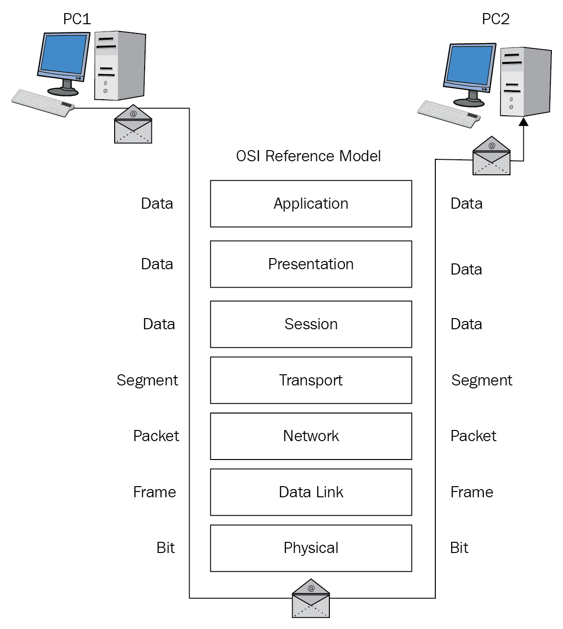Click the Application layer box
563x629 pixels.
(x=311, y=204)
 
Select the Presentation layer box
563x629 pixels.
(x=311, y=264)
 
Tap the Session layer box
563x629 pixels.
(x=311, y=324)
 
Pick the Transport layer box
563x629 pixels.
(x=311, y=381)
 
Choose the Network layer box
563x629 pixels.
(x=311, y=436)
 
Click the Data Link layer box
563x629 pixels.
(x=311, y=492)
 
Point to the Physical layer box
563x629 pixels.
(x=311, y=548)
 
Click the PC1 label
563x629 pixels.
(x=77, y=19)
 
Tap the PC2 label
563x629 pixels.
(x=496, y=19)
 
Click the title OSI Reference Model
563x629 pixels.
(x=308, y=156)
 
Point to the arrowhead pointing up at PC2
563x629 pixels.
(x=523, y=122)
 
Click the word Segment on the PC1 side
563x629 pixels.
(x=148, y=381)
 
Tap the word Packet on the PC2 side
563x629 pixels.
(x=473, y=436)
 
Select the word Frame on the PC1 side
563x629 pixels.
(x=154, y=492)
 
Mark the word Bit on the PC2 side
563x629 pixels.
(x=459, y=548)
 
